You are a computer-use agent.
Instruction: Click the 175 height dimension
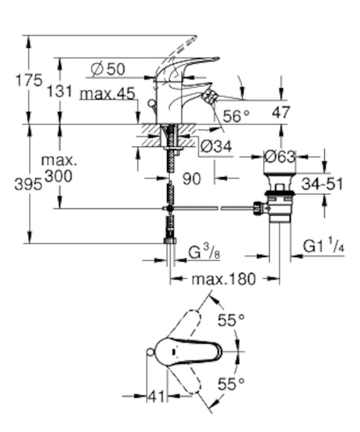coord(29,80)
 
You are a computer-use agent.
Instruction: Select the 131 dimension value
coord(60,91)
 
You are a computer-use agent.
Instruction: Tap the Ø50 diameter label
coord(108,69)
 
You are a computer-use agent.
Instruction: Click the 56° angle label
coord(236,116)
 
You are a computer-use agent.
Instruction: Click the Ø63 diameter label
coord(279,157)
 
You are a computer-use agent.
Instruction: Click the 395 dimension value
coord(28,184)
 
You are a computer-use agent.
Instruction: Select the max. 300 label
coord(59,168)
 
